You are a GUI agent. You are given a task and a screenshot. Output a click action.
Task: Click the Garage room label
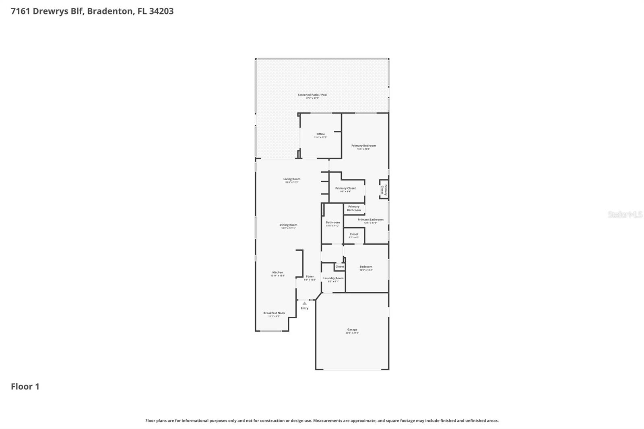tap(352, 331)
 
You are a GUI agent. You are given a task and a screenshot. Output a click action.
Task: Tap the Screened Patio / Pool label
tap(313, 96)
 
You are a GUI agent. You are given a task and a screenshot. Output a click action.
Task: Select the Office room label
tap(320, 135)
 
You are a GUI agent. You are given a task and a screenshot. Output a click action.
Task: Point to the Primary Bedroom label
tap(363, 147)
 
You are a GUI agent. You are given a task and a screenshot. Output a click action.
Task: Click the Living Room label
tap(292, 180)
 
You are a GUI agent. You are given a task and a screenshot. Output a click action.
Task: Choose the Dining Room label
tap(288, 226)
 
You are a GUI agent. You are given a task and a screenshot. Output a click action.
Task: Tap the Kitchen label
tap(277, 274)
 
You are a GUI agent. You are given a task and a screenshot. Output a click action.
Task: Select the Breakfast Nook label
tap(274, 314)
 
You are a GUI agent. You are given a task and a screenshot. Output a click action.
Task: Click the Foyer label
tap(310, 278)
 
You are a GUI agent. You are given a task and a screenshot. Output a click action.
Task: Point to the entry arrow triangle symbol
tap(304, 303)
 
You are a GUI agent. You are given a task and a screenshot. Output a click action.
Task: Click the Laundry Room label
tap(333, 279)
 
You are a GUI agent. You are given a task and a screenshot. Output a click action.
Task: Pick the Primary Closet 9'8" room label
tap(345, 190)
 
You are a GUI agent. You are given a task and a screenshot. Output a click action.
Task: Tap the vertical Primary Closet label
tap(384, 190)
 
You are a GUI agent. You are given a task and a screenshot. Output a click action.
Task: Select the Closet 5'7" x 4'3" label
tap(354, 235)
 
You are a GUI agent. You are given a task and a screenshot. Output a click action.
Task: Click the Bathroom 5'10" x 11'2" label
tap(332, 224)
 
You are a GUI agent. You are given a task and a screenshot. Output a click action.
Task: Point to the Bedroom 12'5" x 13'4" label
tap(366, 268)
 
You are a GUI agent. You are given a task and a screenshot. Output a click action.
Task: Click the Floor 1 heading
tap(25, 387)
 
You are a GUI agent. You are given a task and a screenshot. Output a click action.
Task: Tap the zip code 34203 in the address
tap(161, 11)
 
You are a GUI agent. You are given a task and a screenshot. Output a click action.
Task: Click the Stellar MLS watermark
tap(625, 214)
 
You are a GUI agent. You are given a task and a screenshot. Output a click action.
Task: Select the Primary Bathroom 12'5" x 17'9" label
tap(370, 221)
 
